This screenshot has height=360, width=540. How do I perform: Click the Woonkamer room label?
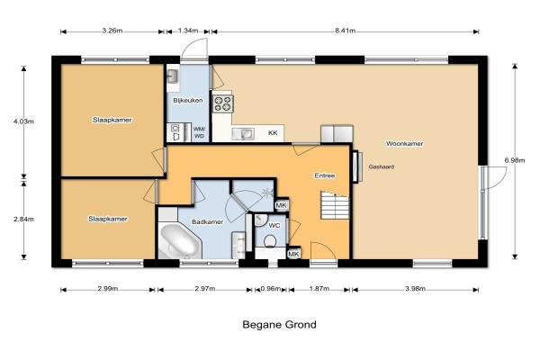(x=404, y=143)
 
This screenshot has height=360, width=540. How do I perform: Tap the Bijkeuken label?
(x=188, y=101)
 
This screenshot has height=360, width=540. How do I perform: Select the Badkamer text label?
(x=207, y=222)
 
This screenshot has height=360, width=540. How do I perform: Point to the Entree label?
(x=324, y=175)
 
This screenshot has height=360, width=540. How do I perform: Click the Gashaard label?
(x=382, y=166)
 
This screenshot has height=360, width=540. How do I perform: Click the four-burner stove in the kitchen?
(x=222, y=103)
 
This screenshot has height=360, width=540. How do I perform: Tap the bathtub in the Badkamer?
(x=180, y=241)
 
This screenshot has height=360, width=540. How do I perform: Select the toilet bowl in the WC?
(x=270, y=241)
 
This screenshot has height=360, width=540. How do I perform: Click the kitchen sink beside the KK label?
(x=243, y=134)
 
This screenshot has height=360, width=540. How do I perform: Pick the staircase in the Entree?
(x=335, y=206)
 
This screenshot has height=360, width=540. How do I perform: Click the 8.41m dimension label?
(x=345, y=31)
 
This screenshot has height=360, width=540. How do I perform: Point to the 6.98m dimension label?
(x=515, y=160)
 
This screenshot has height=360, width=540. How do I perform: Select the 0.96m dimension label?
(x=270, y=289)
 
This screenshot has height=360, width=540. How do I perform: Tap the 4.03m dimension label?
(x=23, y=121)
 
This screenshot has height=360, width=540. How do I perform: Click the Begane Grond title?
(x=279, y=325)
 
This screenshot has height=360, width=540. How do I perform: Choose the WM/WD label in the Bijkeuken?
(x=199, y=132)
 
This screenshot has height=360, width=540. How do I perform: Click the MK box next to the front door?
(x=293, y=254)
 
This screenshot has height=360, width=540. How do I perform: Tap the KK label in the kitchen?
(x=273, y=133)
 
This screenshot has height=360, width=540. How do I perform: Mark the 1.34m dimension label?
(x=188, y=31)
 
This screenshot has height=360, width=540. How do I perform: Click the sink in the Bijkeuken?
(x=172, y=76)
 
